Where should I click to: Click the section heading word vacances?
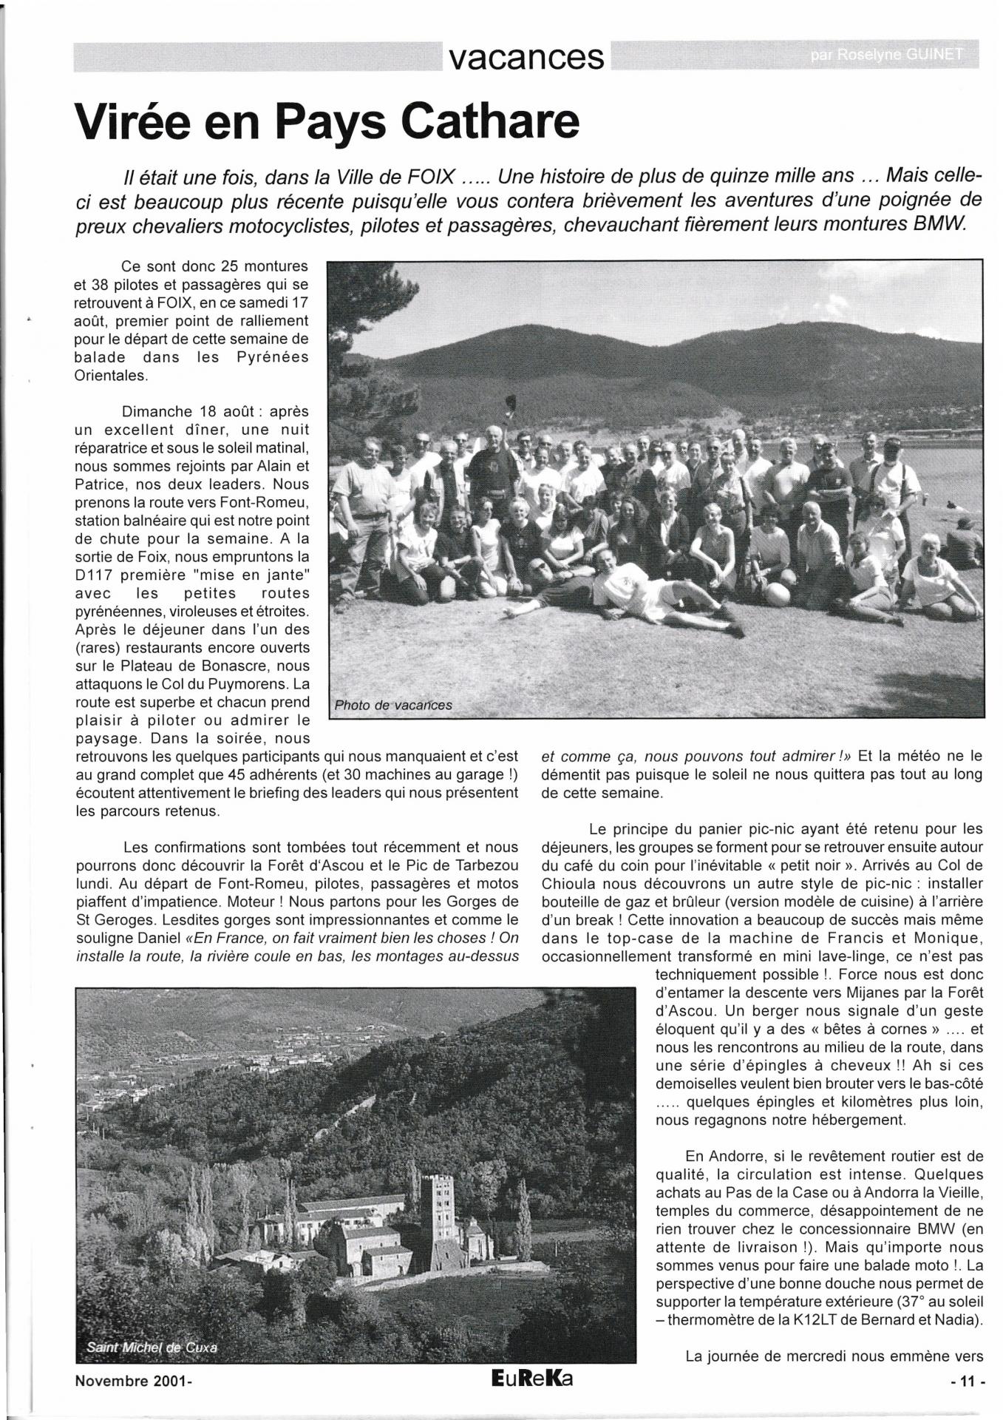click(x=526, y=57)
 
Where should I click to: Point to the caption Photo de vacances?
click(x=392, y=705)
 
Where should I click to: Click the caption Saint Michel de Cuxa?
click(x=152, y=1347)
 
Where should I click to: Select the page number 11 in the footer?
click(x=968, y=1380)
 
